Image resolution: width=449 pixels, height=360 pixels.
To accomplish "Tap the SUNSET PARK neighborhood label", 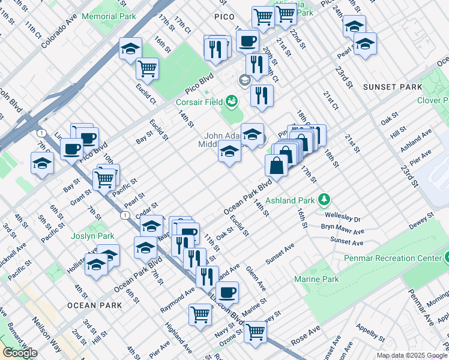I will (x=393, y=87).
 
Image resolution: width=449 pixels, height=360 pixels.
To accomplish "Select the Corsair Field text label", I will (x=198, y=102).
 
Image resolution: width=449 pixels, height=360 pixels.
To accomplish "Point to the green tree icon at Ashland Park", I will (x=324, y=199).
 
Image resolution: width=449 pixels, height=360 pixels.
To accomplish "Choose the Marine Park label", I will (x=316, y=279).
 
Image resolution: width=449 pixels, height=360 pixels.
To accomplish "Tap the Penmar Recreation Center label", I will (x=393, y=258).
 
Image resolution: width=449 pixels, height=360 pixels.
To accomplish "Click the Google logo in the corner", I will (x=20, y=353).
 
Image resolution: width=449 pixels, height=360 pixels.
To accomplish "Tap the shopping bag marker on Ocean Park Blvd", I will (x=276, y=165).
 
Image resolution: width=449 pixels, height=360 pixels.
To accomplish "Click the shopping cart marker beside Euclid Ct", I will (x=147, y=68).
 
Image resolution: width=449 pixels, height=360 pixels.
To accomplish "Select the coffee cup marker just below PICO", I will (x=247, y=41).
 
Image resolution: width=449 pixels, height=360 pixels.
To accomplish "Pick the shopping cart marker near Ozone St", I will (x=256, y=331).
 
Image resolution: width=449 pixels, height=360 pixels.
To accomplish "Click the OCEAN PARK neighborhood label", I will (x=95, y=305).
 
